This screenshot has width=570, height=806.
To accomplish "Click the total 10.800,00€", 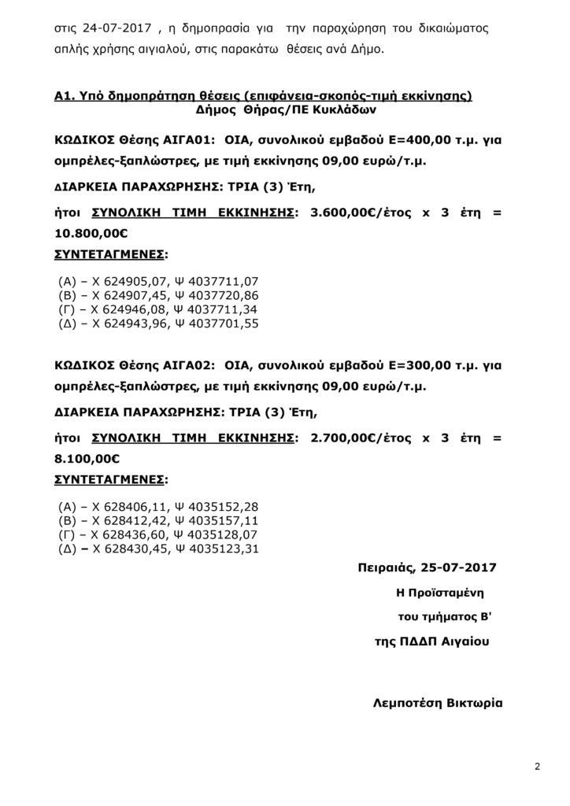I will [91, 234].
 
